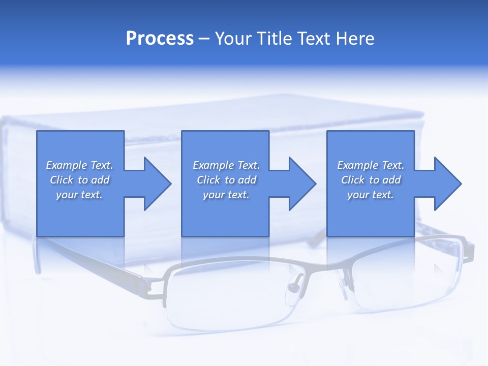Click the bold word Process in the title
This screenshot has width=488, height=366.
click(160, 39)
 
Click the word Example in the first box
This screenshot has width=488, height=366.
click(66, 165)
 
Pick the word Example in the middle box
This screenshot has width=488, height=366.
click(213, 165)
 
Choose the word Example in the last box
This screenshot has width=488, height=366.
click(357, 165)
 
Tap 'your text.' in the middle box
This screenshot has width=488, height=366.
click(226, 195)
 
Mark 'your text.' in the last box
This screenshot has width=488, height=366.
click(370, 195)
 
